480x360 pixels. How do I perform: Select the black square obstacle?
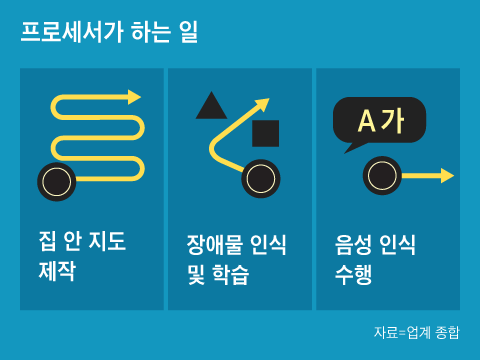[266, 133]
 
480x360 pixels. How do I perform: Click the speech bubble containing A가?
[379, 121]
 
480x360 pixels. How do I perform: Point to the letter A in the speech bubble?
[366, 121]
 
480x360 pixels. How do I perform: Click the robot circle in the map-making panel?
[57, 181]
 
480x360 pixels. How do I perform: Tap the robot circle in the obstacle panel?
[260, 179]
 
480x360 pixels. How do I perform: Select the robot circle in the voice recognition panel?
[382, 175]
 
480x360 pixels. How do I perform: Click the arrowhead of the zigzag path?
[135, 97]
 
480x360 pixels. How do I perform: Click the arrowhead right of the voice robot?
[447, 176]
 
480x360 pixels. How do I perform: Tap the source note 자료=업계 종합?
[417, 332]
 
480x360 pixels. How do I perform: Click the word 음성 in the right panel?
[354, 244]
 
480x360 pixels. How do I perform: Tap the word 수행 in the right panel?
[354, 273]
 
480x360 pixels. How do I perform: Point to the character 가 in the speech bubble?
[393, 121]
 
